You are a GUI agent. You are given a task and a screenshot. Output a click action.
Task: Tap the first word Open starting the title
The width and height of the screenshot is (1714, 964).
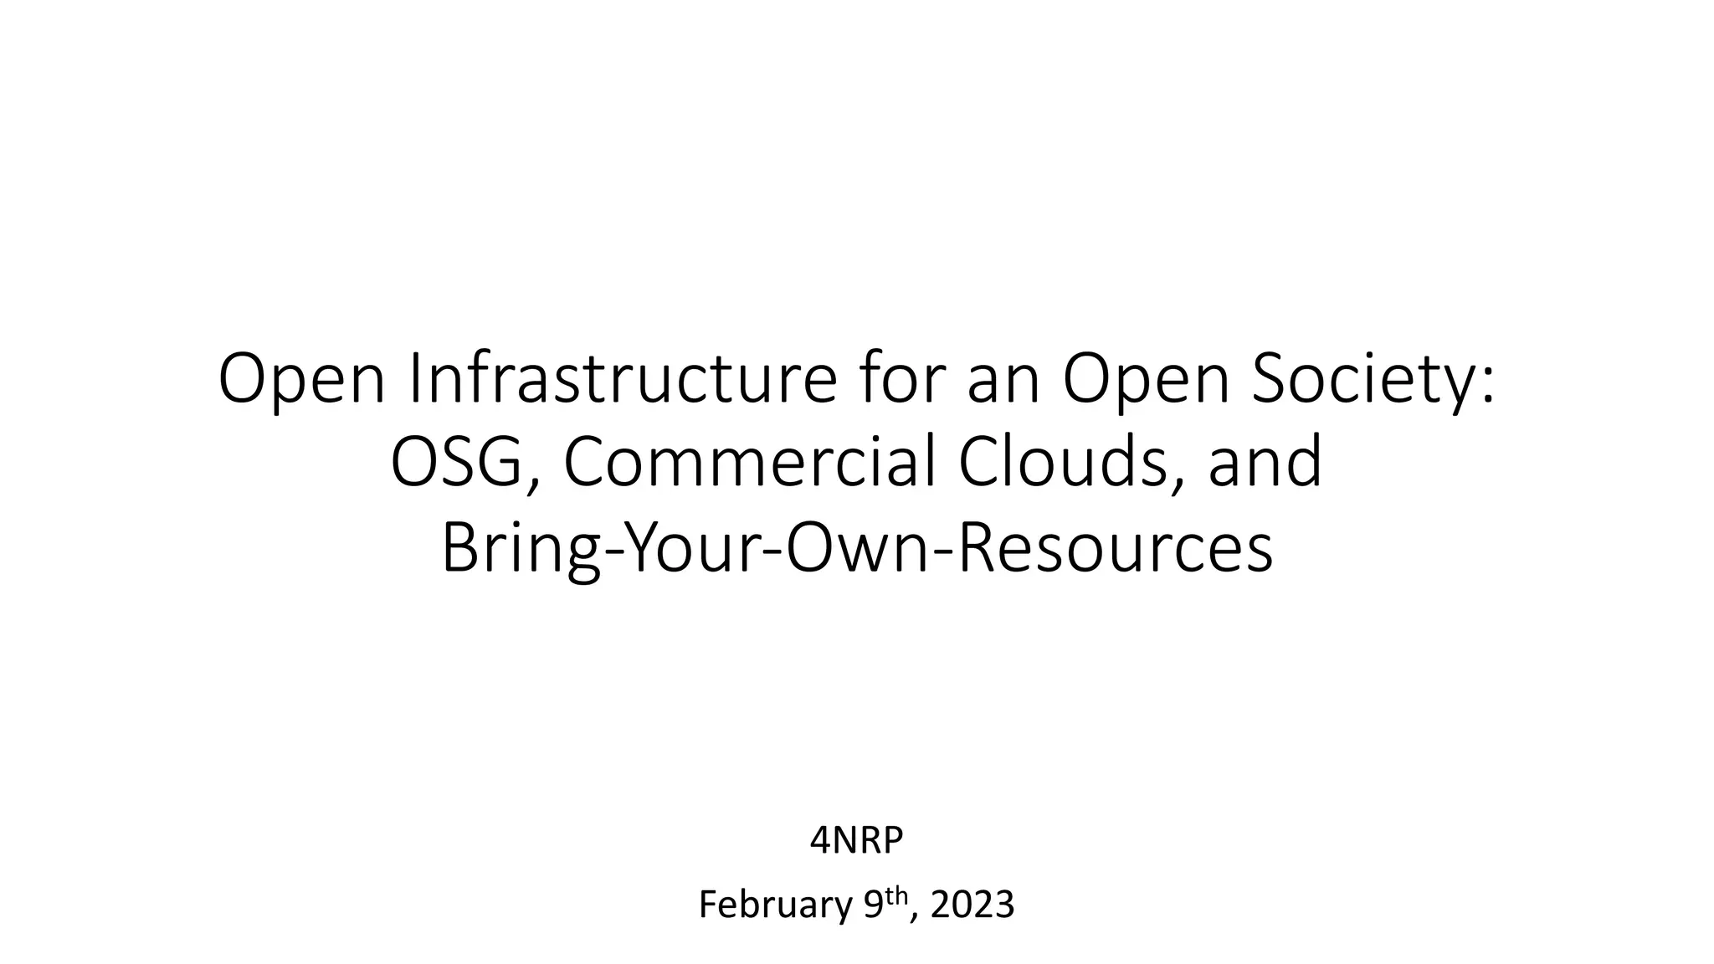(x=302, y=380)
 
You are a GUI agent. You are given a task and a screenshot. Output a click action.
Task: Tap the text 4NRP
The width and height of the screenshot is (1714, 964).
(x=856, y=841)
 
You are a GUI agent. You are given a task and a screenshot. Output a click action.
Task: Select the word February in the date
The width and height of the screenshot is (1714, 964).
(x=775, y=905)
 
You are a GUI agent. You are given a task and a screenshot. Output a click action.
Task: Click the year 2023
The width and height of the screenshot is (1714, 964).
(x=972, y=905)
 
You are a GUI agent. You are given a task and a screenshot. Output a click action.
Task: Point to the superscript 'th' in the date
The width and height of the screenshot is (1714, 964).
(x=896, y=895)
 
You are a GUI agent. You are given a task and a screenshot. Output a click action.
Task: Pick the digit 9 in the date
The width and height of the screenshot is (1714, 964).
(x=873, y=905)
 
